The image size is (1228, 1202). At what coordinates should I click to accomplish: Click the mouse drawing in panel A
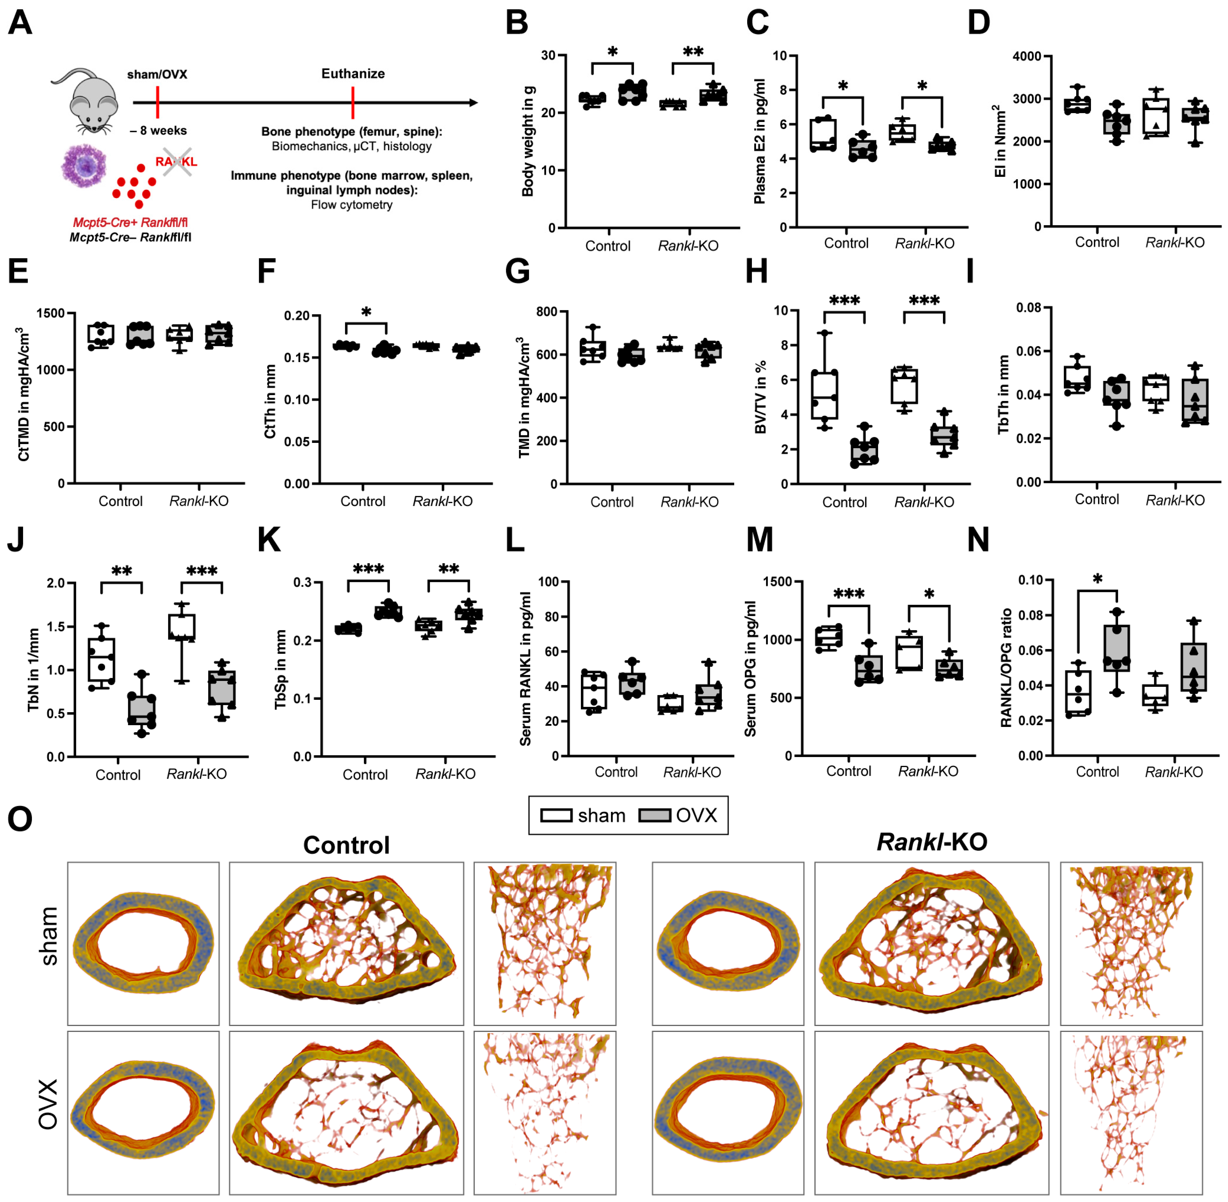pyautogui.click(x=92, y=101)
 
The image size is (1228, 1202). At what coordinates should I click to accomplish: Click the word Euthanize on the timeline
pyautogui.click(x=353, y=74)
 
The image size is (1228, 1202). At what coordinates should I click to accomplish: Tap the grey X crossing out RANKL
pyautogui.click(x=177, y=162)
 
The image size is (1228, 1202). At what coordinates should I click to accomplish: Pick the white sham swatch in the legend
pyautogui.click(x=556, y=816)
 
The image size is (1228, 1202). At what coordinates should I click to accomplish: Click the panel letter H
pyautogui.click(x=756, y=271)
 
